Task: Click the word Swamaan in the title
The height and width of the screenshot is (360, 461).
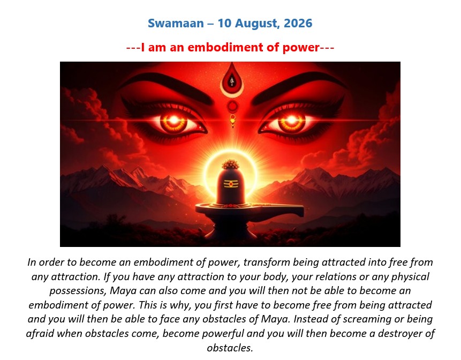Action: click(x=176, y=23)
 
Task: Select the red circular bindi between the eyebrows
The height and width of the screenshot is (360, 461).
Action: click(x=232, y=106)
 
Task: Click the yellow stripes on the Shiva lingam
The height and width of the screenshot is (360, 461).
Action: click(x=231, y=184)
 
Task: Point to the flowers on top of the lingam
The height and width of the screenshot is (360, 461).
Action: click(x=231, y=164)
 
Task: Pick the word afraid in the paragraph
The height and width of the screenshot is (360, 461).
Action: click(x=40, y=334)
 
